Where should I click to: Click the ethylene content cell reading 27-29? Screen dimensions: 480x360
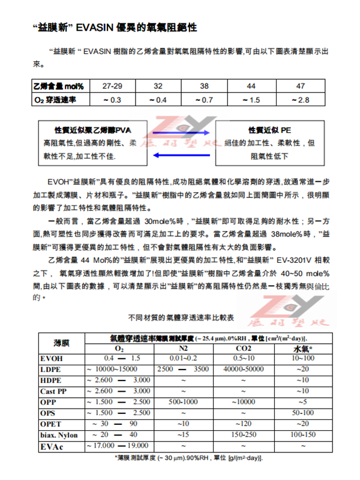point(112,86)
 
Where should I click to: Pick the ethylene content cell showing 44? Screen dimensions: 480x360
point(251,86)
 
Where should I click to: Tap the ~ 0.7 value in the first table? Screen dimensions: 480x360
point(204,100)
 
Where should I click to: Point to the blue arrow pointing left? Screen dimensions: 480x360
point(181,155)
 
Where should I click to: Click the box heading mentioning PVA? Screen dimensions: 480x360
point(92,130)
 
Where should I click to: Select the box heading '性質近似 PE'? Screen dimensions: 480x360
point(270,130)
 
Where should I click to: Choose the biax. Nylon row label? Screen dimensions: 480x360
point(58,434)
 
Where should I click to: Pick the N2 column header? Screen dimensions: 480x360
point(184,348)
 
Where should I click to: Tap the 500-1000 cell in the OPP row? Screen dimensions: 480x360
point(184,401)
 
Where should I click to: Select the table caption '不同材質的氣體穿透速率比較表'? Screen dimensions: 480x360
point(180,316)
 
